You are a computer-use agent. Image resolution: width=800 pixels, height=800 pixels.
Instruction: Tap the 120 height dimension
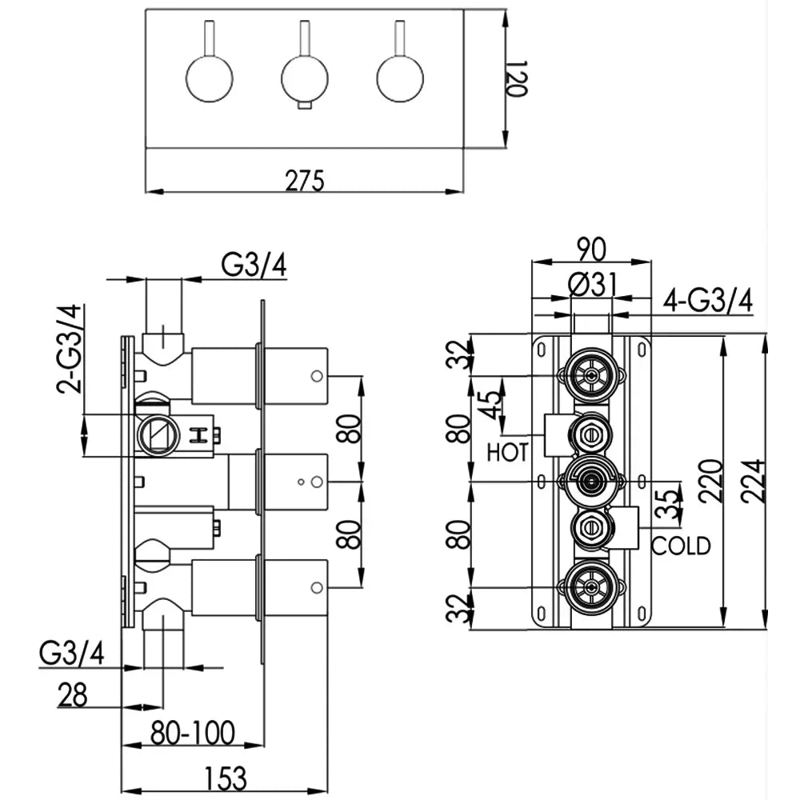(x=517, y=78)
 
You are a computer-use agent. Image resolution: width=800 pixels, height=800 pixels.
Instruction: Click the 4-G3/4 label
(x=709, y=301)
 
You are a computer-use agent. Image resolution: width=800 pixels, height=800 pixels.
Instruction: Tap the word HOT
(x=507, y=452)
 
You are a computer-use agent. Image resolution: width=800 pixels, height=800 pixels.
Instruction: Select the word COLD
(x=681, y=546)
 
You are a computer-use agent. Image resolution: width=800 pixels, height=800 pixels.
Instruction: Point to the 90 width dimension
(x=591, y=250)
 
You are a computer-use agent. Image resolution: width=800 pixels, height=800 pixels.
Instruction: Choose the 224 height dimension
(x=754, y=482)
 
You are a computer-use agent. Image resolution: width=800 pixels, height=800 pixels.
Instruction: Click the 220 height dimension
(x=711, y=482)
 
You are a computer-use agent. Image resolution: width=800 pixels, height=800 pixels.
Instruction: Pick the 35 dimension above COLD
(x=673, y=503)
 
